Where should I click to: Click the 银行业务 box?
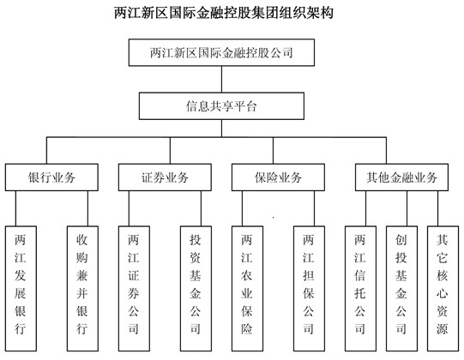[51, 177]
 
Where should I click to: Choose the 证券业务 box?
[166, 177]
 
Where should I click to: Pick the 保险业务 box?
[279, 177]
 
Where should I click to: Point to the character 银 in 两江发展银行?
[21, 309]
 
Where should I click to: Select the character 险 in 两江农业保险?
[248, 327]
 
